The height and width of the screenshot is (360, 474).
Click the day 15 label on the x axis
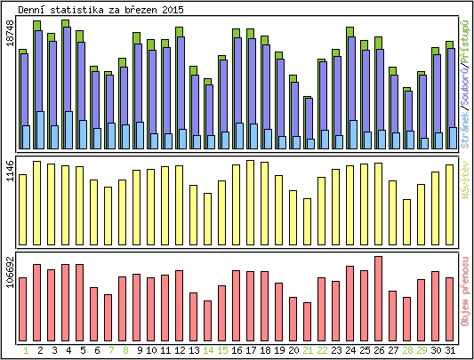click(222, 351)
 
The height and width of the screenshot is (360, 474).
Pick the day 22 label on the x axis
click(322, 351)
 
